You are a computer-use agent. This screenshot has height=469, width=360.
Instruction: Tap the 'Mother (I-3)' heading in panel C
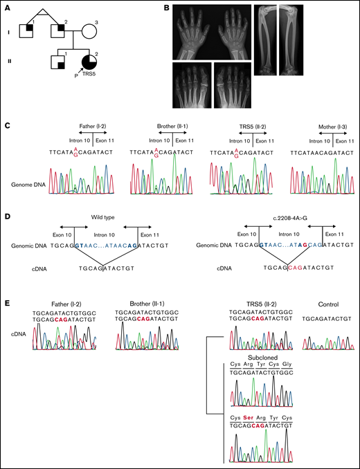tap(318, 128)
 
